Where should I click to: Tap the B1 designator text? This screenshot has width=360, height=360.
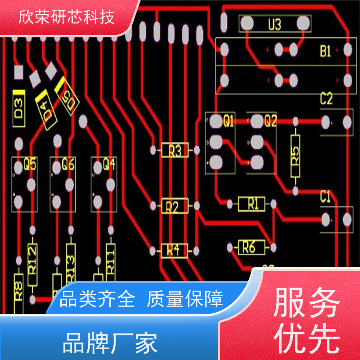tap(325, 52)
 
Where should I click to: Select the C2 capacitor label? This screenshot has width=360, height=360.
tap(326, 99)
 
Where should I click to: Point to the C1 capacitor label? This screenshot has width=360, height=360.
tap(325, 197)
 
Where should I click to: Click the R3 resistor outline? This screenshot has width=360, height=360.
tap(175, 150)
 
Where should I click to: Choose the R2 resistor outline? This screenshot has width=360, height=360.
tap(175, 207)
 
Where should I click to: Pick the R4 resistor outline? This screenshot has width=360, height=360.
tap(174, 250)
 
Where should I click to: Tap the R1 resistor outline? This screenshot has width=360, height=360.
tap(252, 204)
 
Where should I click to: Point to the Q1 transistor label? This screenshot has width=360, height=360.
tap(229, 121)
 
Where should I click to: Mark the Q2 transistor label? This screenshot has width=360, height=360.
tap(270, 121)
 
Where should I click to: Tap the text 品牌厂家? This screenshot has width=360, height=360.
tap(110, 343)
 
